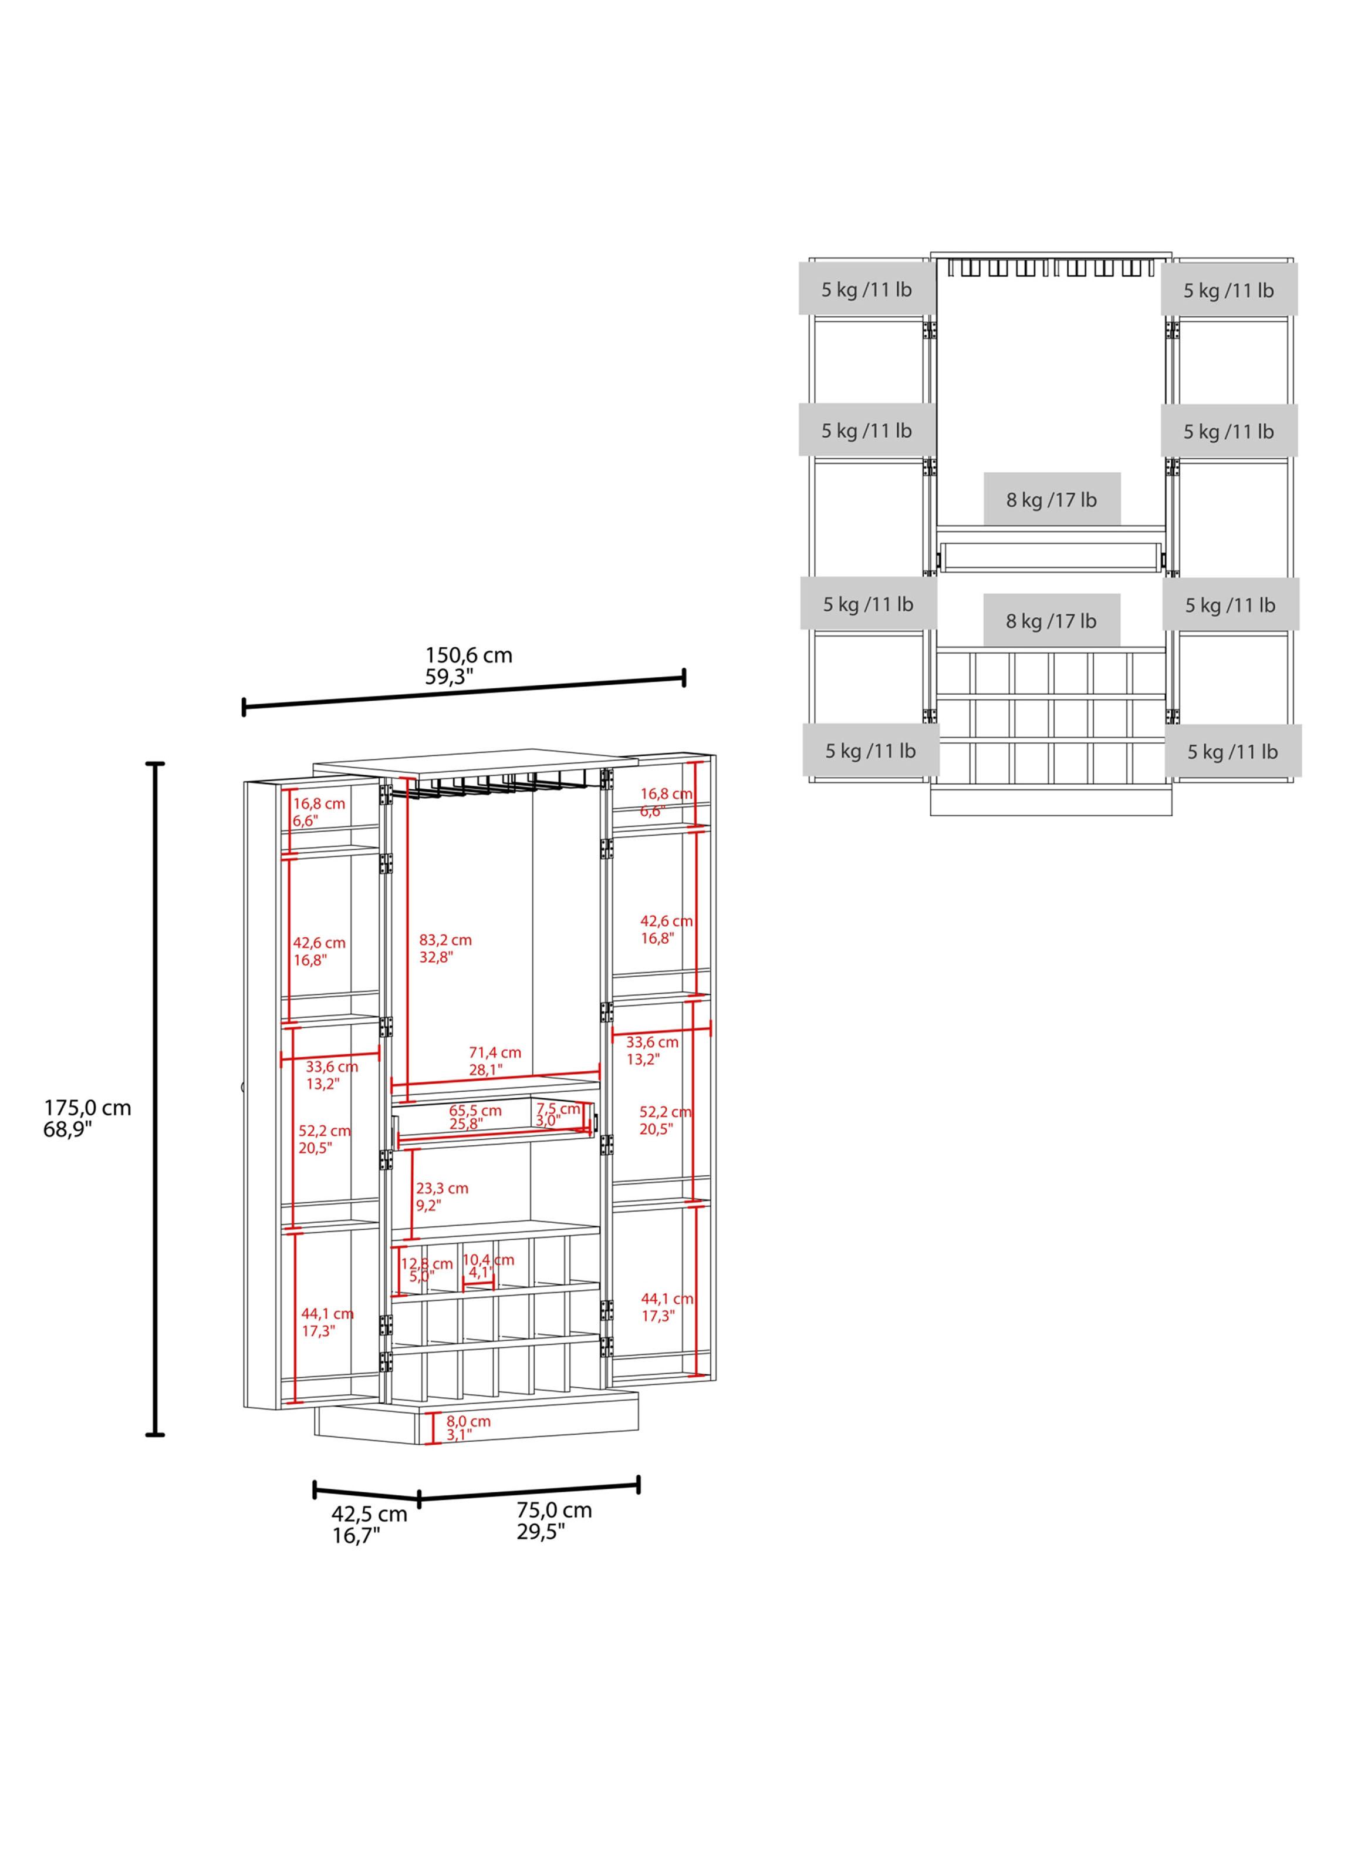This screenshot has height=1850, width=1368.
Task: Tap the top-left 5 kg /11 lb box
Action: tap(867, 289)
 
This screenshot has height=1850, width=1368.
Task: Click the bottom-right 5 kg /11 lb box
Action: tap(1233, 751)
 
